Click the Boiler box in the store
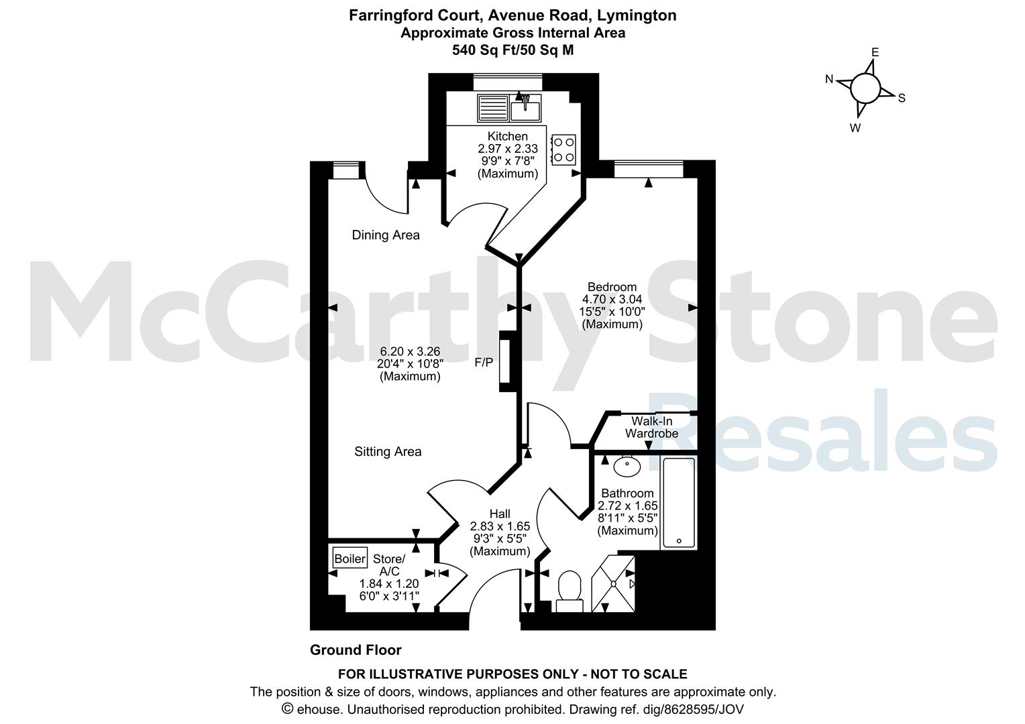(x=350, y=558)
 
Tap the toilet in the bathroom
(x=570, y=591)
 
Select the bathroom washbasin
(x=627, y=466)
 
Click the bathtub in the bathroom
(x=679, y=503)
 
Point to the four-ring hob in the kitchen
(x=563, y=149)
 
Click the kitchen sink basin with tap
(x=525, y=108)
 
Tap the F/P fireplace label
(x=484, y=363)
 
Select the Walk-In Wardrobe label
(x=651, y=427)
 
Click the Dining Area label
(x=386, y=235)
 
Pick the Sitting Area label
(x=388, y=452)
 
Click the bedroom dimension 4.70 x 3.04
(x=612, y=299)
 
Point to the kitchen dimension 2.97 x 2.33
(x=508, y=149)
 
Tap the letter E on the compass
(x=875, y=52)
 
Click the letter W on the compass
(x=855, y=128)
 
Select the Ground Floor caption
(x=356, y=650)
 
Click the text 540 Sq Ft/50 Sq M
(x=513, y=50)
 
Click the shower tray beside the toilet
(x=613, y=584)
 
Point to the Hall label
(x=500, y=514)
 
